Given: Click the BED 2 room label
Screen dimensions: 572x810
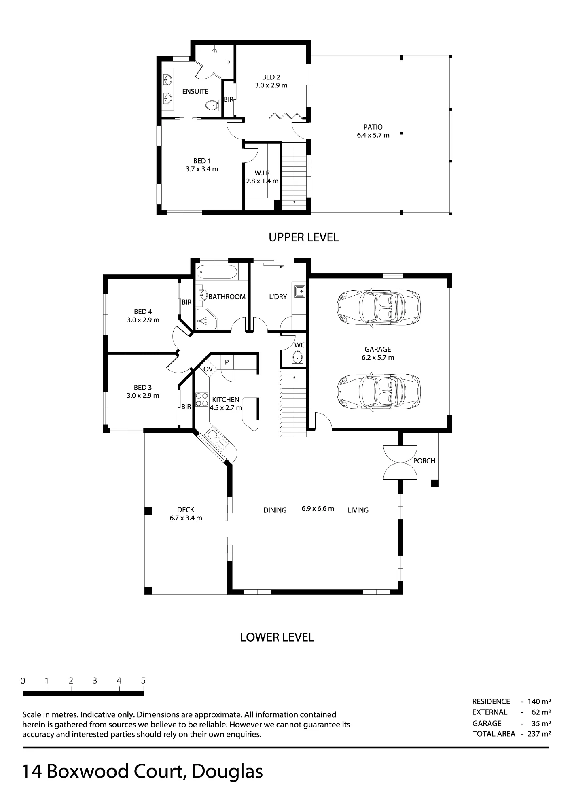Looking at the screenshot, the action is click(271, 77).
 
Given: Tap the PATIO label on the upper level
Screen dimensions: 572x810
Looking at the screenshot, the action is click(373, 127).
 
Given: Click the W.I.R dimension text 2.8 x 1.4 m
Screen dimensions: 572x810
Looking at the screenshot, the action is click(262, 181).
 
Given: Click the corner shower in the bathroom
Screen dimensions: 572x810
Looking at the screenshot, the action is click(207, 319).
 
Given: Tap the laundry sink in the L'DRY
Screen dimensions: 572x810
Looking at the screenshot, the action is click(300, 291).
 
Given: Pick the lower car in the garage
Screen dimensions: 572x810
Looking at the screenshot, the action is click(378, 391).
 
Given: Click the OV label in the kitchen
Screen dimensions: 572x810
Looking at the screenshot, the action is click(208, 369).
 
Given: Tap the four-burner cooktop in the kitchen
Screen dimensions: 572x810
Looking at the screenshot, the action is click(201, 400).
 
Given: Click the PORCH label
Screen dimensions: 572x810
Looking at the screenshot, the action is click(424, 461).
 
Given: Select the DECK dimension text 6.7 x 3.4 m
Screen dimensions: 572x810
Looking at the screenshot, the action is click(186, 518).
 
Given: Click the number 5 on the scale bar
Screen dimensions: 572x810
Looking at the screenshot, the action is click(143, 681).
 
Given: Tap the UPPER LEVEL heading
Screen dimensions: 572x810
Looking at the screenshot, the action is click(304, 237).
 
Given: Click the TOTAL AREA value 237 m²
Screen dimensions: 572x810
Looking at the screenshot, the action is click(539, 733).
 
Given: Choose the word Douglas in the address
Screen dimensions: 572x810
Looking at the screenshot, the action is click(227, 772).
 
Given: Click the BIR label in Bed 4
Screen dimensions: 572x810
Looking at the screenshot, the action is click(186, 302).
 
